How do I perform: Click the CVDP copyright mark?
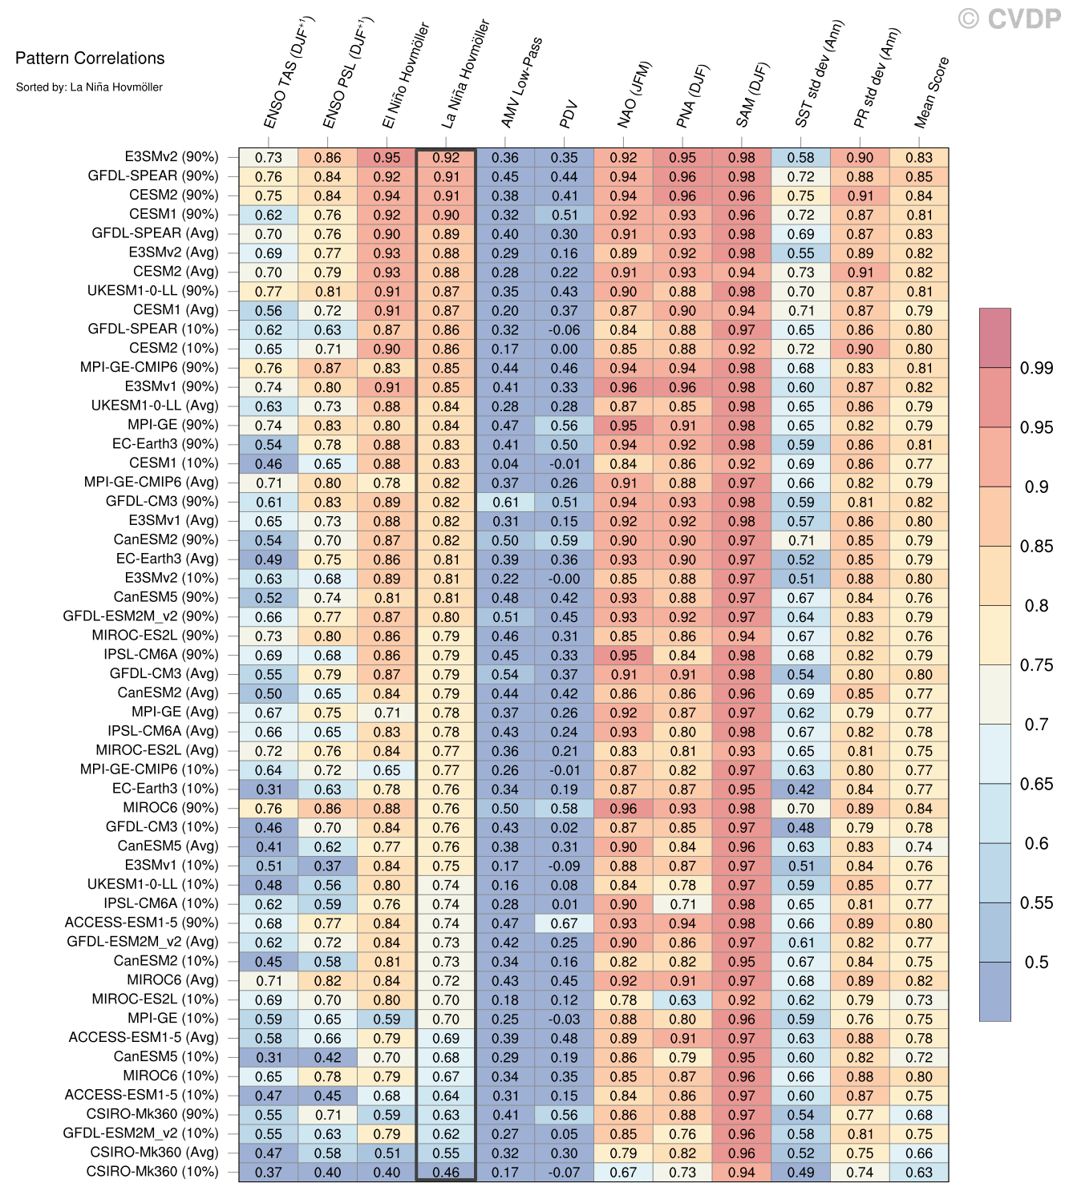pyautogui.click(x=1010, y=18)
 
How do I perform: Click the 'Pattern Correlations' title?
pyautogui.click(x=90, y=59)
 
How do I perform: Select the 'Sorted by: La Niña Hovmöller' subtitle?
pyautogui.click(x=89, y=87)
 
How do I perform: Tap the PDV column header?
pyautogui.click(x=569, y=114)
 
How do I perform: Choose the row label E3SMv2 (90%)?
pyautogui.click(x=172, y=157)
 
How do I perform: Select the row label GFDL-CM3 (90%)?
pyautogui.click(x=162, y=502)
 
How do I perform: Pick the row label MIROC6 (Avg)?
pyautogui.click(x=172, y=980)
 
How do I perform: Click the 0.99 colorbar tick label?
pyautogui.click(x=1036, y=368)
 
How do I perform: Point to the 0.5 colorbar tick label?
pyautogui.click(x=1036, y=962)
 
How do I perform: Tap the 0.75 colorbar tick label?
pyautogui.click(x=1036, y=665)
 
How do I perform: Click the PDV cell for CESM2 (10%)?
pyautogui.click(x=565, y=349)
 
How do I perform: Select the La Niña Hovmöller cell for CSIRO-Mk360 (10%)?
pyautogui.click(x=446, y=1172)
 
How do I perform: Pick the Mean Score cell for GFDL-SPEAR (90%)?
pyautogui.click(x=919, y=176)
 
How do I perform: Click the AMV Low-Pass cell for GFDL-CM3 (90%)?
pyautogui.click(x=505, y=502)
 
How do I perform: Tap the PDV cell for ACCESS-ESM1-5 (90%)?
pyautogui.click(x=565, y=923)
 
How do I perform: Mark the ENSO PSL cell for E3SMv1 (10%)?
pyautogui.click(x=327, y=866)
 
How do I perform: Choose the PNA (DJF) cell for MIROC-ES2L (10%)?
pyautogui.click(x=682, y=999)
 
